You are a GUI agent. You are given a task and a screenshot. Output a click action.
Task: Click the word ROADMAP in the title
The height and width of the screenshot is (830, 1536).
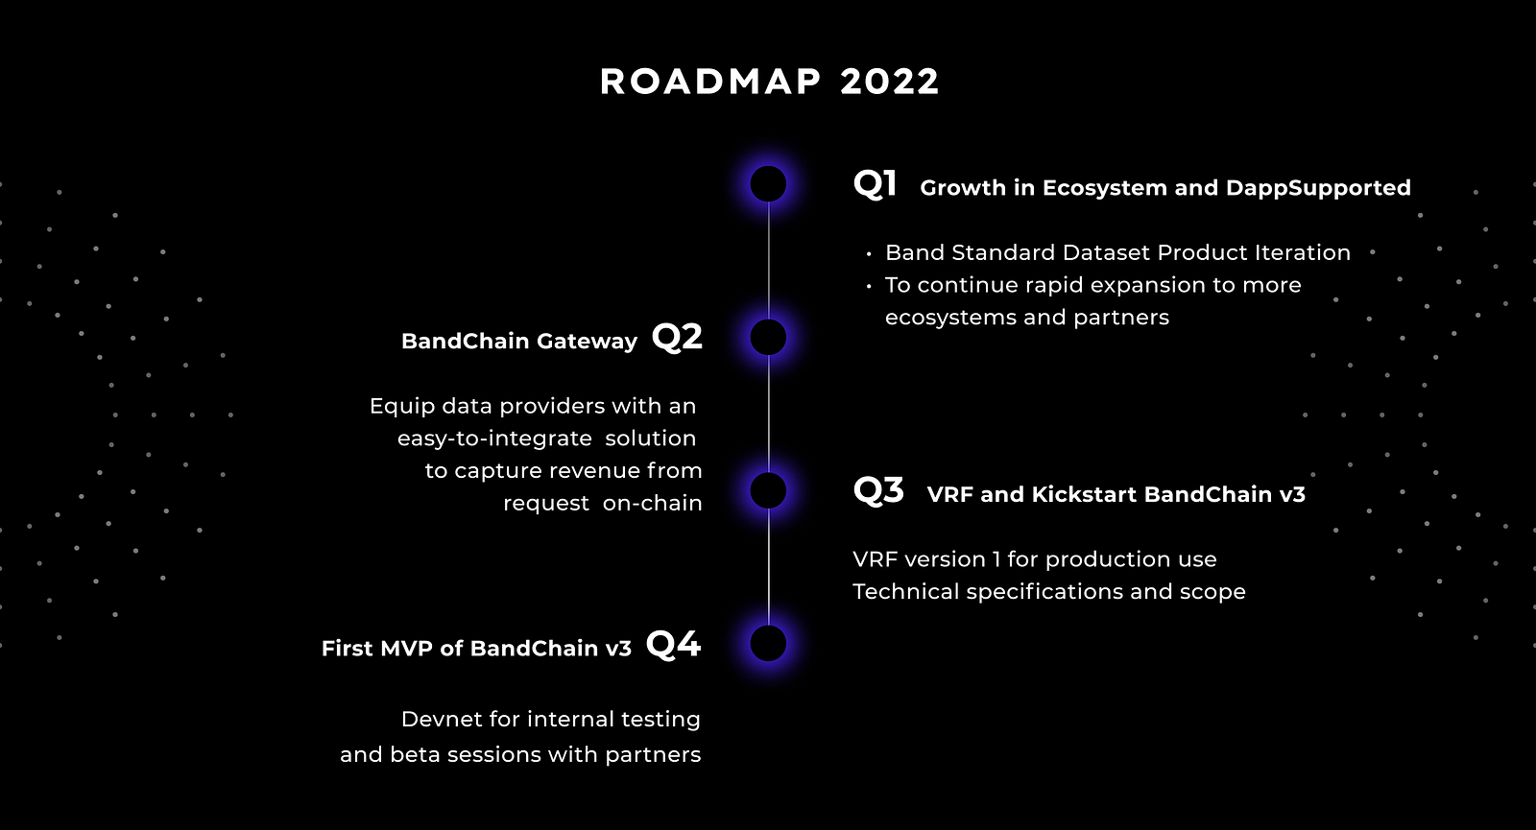click(710, 82)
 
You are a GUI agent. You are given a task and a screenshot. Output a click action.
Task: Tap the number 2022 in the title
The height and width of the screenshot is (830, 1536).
click(889, 82)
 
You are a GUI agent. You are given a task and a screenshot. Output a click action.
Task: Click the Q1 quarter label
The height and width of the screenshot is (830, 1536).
click(875, 183)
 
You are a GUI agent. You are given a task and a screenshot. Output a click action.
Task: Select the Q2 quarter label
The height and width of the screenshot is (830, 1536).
click(677, 337)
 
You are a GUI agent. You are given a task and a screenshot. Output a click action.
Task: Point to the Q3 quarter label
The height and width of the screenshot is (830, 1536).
click(878, 490)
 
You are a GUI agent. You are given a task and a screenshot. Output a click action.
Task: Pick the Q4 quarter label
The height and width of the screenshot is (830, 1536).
click(673, 644)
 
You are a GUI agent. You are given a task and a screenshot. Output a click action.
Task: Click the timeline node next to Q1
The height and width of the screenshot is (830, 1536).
click(768, 183)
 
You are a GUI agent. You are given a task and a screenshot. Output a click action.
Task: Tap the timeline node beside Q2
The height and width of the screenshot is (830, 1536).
click(768, 337)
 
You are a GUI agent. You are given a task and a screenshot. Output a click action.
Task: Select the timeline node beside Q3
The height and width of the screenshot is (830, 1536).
click(768, 490)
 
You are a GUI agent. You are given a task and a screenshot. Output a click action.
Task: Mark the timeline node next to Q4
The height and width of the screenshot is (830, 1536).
click(768, 644)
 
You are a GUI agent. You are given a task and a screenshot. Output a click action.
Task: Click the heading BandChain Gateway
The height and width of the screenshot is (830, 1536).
click(519, 342)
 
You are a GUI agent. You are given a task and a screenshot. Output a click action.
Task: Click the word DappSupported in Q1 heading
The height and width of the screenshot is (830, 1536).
click(1318, 188)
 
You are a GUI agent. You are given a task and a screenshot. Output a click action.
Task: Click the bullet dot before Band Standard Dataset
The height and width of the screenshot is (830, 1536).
click(869, 253)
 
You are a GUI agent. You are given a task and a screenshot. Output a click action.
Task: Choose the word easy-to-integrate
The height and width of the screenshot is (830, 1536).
click(494, 439)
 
